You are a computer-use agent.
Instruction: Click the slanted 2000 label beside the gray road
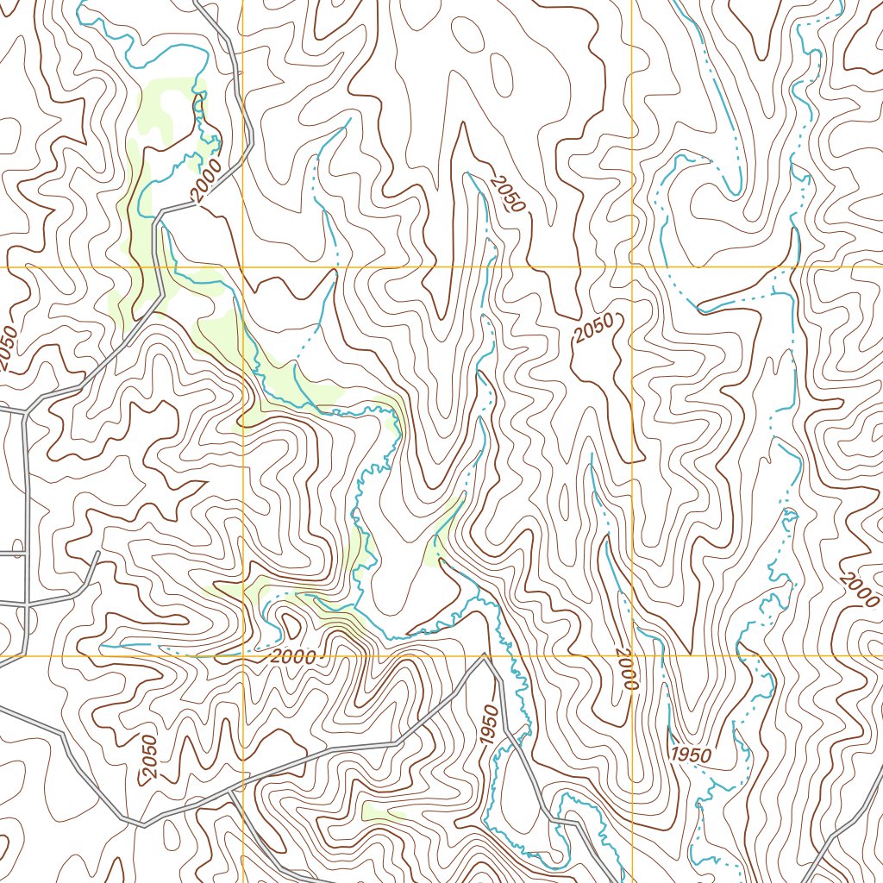click(208, 180)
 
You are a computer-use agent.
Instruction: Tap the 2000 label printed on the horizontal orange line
click(292, 656)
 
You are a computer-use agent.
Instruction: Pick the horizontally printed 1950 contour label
click(691, 755)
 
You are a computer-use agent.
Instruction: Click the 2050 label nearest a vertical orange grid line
click(594, 328)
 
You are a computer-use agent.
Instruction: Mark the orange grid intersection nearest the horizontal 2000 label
click(243, 656)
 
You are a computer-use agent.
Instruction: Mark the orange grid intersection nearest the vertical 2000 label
click(632, 656)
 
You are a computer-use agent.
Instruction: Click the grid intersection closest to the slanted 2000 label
click(243, 267)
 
